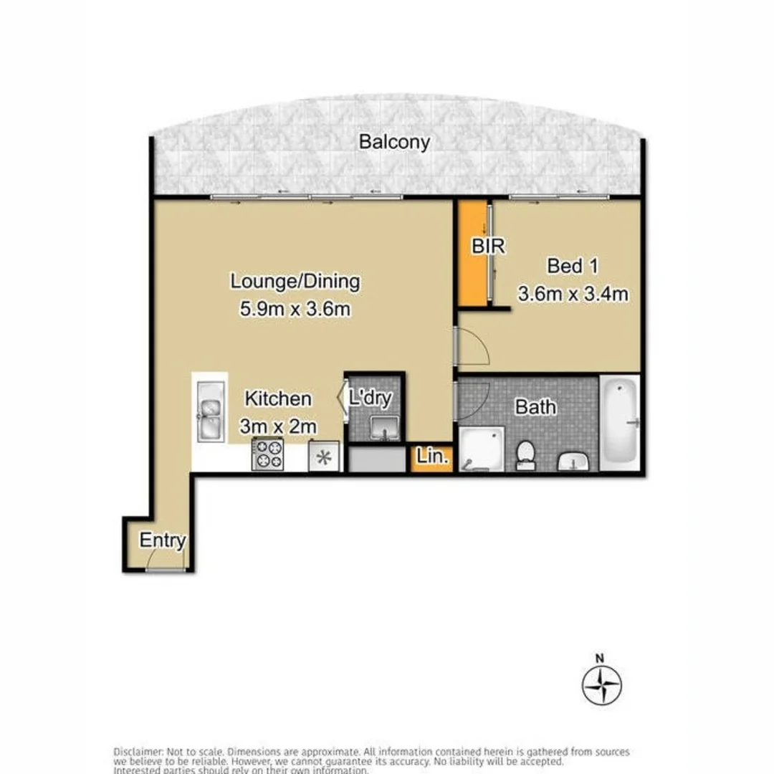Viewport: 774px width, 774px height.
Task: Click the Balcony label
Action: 394,142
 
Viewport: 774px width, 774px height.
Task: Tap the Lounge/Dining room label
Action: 295,282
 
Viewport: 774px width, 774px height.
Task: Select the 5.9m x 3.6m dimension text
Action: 295,310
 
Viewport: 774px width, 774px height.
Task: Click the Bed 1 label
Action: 573,266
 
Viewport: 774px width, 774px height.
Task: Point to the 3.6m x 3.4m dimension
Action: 573,293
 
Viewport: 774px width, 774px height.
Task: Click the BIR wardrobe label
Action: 488,247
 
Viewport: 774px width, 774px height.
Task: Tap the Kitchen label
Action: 278,398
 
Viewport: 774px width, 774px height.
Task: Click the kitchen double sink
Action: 210,418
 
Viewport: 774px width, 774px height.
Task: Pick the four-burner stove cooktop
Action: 268,455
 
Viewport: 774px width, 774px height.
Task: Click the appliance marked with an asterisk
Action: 322,457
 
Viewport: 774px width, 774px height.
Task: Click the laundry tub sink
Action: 386,428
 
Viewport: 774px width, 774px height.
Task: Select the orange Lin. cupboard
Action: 431,458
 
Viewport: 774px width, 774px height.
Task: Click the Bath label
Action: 536,407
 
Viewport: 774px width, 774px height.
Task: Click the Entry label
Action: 163,541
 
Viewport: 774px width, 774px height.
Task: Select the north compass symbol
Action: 601,684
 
